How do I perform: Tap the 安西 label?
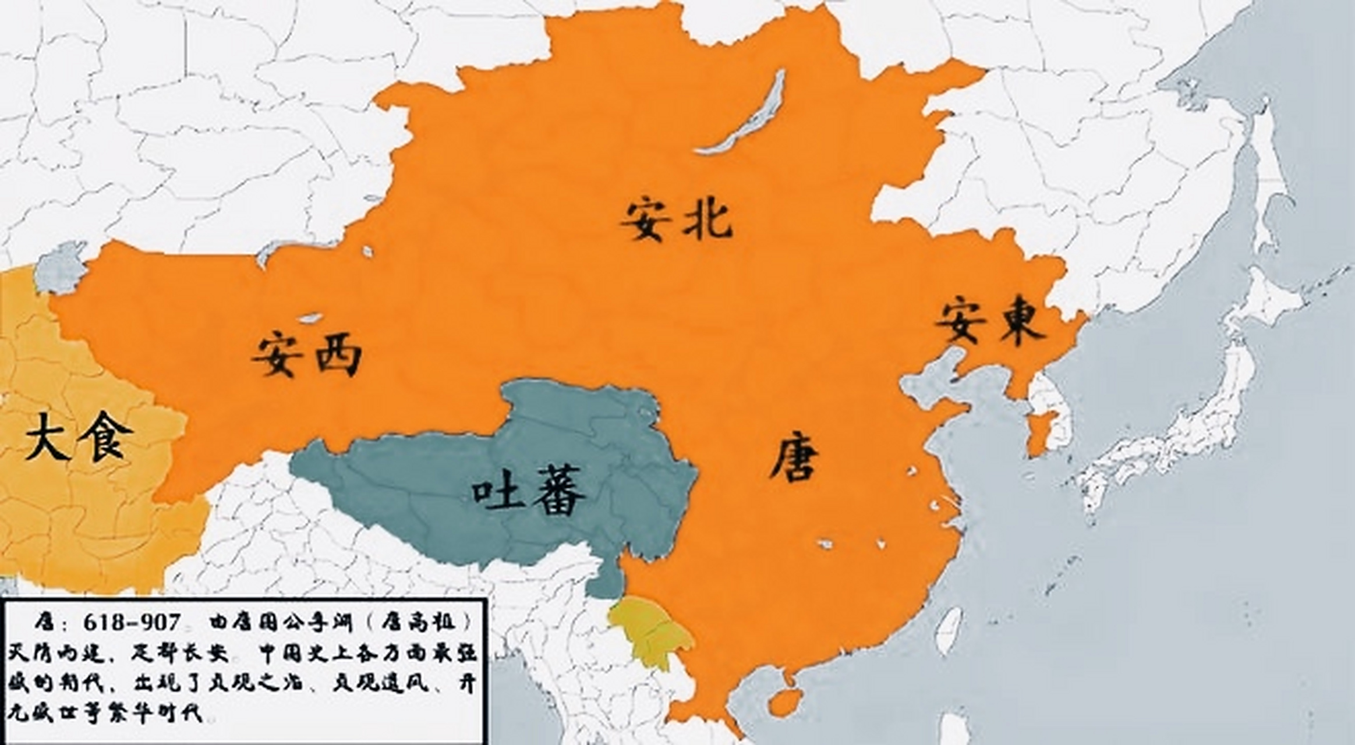pos(307,354)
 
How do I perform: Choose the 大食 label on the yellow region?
pos(79,437)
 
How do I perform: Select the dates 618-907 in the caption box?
pos(132,623)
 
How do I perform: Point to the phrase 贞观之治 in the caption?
pos(257,683)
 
